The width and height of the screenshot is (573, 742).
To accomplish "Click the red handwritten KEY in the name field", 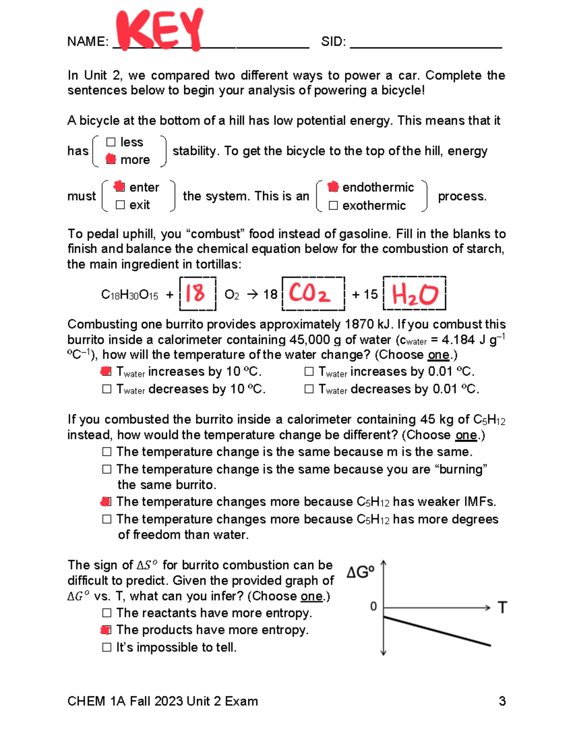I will [160, 30].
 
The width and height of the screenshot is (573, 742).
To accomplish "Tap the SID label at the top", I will [333, 42].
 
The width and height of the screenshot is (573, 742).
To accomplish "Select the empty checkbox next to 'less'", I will [111, 142].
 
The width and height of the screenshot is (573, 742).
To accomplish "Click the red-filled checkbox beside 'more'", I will [111, 159].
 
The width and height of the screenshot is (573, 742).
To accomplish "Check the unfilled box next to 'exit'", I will [120, 205].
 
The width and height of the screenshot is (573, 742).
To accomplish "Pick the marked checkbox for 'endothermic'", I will [333, 187].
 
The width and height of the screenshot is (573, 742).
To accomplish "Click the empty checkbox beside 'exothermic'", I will [333, 205].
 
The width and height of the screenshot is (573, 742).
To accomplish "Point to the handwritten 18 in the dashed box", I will [195, 293].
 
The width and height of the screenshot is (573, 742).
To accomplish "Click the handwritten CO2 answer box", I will [311, 293].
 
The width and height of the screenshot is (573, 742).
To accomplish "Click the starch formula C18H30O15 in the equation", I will [129, 295].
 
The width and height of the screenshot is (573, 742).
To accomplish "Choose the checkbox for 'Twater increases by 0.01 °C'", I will [309, 372].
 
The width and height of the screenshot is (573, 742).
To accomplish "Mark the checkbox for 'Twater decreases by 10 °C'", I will [107, 389].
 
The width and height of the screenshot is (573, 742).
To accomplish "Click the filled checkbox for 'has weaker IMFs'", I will [106, 502].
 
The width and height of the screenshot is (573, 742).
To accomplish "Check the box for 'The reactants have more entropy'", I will [107, 613].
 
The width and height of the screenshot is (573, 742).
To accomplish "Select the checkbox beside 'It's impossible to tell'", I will [107, 647].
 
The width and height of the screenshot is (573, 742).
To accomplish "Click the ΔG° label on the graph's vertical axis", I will [360, 572].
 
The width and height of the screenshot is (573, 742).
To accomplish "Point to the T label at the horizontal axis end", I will [502, 608].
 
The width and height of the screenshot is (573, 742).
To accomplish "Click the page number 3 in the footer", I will [502, 701].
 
